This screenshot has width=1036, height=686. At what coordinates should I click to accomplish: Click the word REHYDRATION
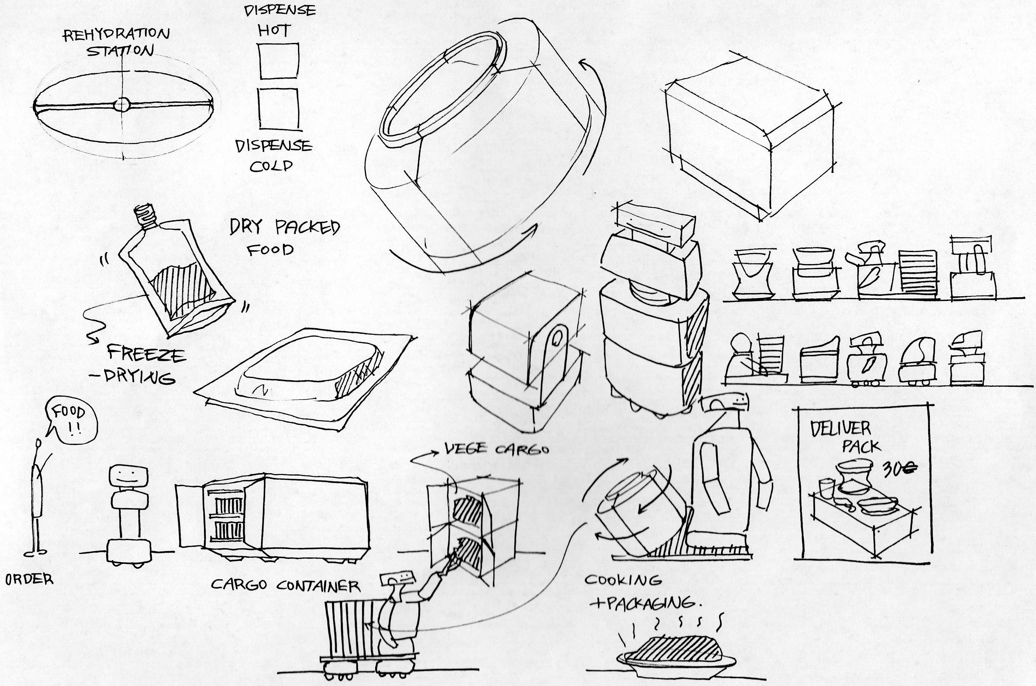click(x=116, y=34)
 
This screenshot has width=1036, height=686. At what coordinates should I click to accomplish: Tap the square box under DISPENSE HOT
click(x=278, y=61)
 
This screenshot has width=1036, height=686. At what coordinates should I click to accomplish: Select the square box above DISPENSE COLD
click(x=278, y=109)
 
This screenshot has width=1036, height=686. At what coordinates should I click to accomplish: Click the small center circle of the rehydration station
click(x=122, y=105)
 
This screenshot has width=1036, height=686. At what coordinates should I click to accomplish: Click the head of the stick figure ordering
click(x=39, y=443)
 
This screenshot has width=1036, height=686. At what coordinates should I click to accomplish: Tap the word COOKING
click(x=622, y=581)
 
